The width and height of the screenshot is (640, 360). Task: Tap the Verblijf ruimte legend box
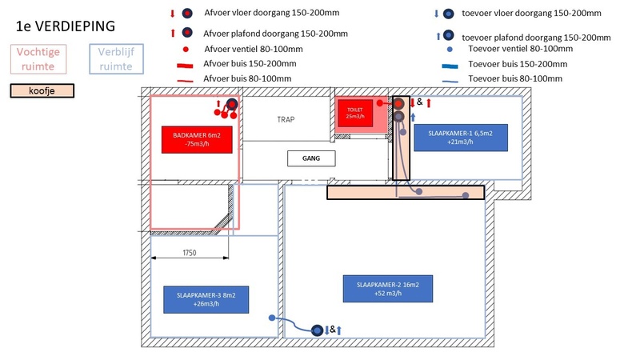pos(115,58)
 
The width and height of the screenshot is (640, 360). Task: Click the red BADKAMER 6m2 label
pos(196,140)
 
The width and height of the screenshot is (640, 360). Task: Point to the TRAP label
pos(286,119)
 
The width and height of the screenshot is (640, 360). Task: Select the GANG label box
pos(311,158)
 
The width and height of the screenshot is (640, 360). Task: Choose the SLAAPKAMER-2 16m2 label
pos(382,289)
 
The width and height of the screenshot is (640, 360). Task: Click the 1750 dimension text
pos(190,253)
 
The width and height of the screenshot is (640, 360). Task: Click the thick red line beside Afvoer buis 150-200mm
pos(186,64)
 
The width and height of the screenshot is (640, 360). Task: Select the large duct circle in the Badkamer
pos(232,104)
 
